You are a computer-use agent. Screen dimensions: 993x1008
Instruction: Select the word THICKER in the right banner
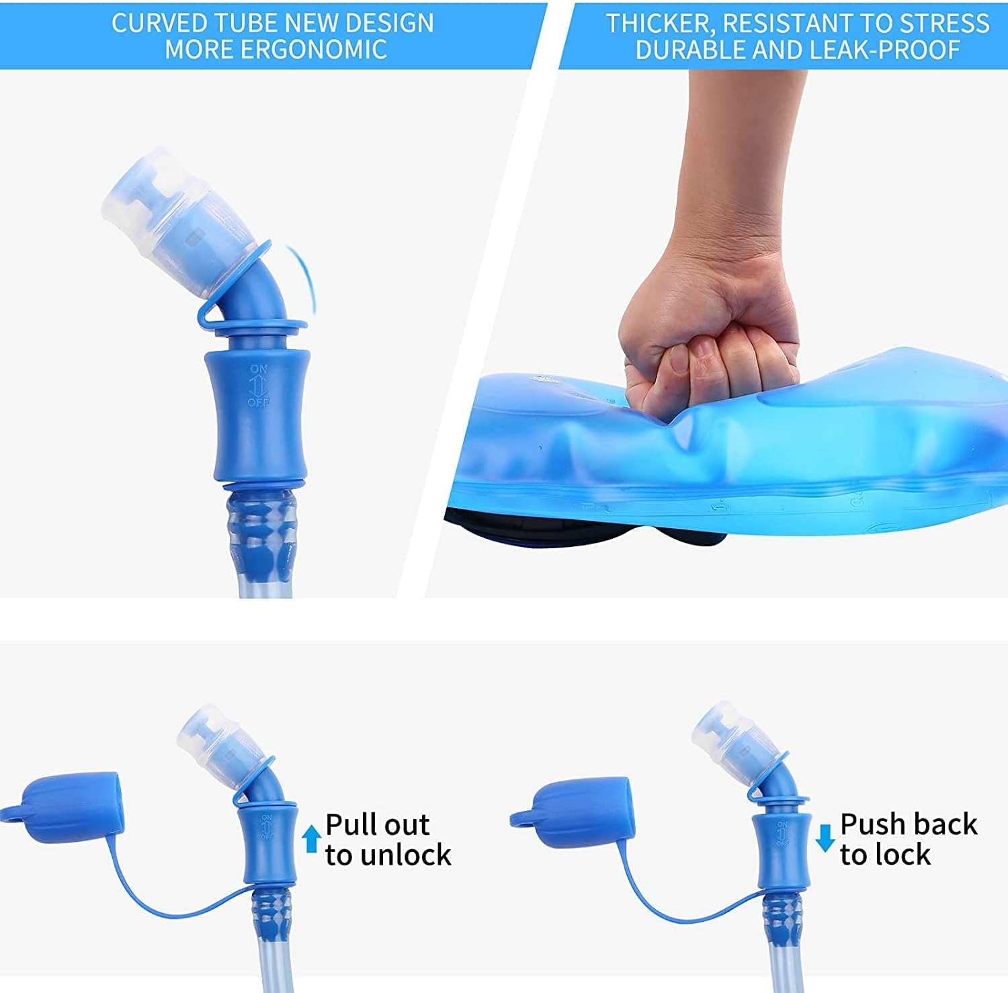652,24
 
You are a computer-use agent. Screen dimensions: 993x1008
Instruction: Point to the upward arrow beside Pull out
310,839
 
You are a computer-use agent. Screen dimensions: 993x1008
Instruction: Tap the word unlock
406,855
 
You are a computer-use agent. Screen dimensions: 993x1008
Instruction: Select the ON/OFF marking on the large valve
259,386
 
